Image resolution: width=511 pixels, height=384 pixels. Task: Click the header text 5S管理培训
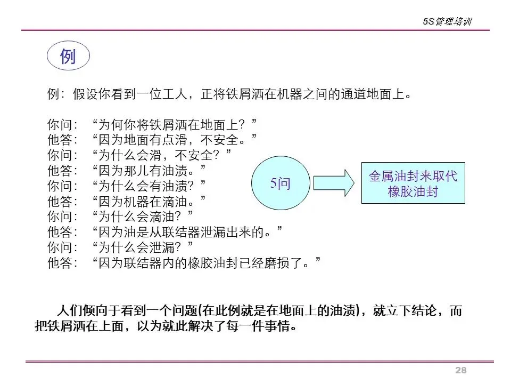(x=447, y=22)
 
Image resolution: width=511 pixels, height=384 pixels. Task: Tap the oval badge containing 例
(x=68, y=56)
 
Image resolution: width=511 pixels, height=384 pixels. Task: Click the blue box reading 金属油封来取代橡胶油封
(x=413, y=183)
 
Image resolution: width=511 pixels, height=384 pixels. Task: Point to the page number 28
(x=460, y=371)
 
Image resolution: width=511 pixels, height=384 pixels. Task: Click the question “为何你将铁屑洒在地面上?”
(x=175, y=125)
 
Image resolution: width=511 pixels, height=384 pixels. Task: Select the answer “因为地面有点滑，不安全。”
(x=175, y=140)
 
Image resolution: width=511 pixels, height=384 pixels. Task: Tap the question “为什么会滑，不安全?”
(x=162, y=156)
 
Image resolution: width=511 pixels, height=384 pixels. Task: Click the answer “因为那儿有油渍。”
(x=149, y=171)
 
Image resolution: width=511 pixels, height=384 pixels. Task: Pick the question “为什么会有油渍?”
(x=149, y=187)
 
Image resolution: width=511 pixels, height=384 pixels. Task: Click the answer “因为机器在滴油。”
(x=149, y=202)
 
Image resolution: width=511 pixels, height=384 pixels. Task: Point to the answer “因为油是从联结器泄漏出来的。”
(x=187, y=233)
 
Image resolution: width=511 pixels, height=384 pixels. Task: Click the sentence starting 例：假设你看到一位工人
(x=229, y=95)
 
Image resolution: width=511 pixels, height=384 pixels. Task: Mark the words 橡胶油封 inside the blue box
(x=413, y=191)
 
